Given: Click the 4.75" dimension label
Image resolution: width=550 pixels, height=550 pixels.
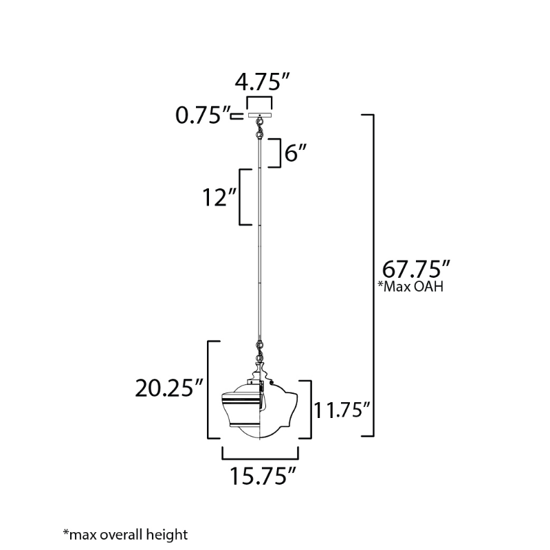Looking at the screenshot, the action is coord(263,82).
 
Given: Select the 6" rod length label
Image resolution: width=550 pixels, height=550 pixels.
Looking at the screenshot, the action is coord(296,153).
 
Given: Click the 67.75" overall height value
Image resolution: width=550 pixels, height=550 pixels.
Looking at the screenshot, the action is coord(416,269).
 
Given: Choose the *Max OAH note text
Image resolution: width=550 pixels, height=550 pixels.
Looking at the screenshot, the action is coord(410,287).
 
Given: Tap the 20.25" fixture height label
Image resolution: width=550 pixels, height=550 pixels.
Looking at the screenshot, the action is coord(169,388).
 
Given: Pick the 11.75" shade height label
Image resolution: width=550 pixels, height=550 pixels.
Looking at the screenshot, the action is coord(342,410).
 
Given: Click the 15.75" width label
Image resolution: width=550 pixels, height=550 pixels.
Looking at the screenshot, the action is coord(263,476).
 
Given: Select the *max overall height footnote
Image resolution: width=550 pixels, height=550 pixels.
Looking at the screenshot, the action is coord(125,535).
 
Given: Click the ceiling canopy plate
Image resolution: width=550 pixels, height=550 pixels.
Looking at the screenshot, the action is coord(260,115).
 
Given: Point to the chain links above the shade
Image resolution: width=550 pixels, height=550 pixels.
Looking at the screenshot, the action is coord(260,351).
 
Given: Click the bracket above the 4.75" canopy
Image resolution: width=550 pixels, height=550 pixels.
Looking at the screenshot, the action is coord(259,102).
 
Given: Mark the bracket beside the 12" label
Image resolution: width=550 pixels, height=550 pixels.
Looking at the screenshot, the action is coord(245,197).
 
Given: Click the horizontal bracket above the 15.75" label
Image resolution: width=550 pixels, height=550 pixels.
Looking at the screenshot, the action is coord(260,453).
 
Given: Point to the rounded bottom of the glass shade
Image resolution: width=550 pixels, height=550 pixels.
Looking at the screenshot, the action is coord(260,432).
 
